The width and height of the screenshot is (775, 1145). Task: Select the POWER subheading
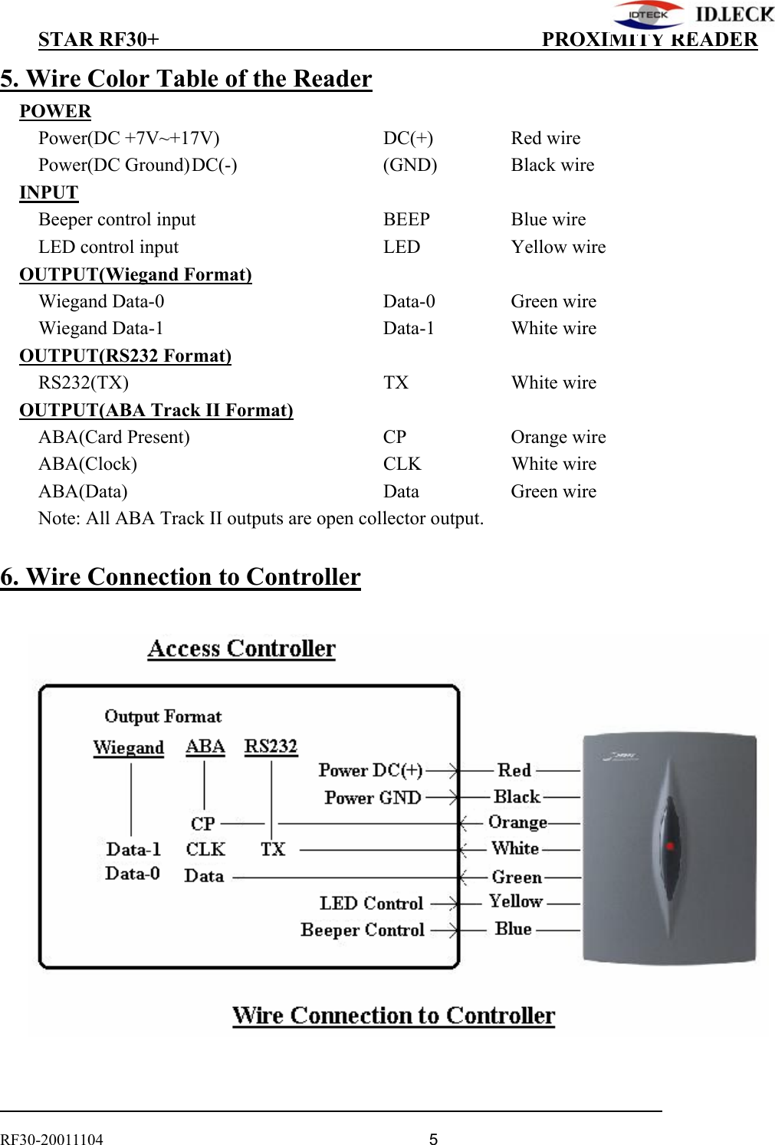pyautogui.click(x=55, y=111)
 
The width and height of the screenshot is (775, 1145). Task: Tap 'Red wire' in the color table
pyautogui.click(x=545, y=138)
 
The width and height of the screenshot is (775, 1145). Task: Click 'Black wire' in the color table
pyautogui.click(x=552, y=165)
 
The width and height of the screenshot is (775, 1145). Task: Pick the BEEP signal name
pyautogui.click(x=406, y=219)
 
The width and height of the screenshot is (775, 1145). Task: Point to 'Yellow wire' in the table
pyautogui.click(x=558, y=247)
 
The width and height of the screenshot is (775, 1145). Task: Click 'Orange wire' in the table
pyautogui.click(x=558, y=437)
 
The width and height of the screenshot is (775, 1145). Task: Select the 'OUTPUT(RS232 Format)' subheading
pyautogui.click(x=125, y=356)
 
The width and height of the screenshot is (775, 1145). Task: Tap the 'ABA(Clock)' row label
pyautogui.click(x=87, y=464)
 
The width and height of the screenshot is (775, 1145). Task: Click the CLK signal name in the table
pyautogui.click(x=402, y=464)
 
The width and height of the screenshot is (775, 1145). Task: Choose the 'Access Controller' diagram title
pyautogui.click(x=241, y=648)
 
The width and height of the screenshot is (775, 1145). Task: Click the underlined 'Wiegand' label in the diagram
pyautogui.click(x=128, y=747)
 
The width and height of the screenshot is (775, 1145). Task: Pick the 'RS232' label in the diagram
pyautogui.click(x=271, y=746)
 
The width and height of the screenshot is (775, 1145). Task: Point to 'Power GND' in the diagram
pyautogui.click(x=373, y=798)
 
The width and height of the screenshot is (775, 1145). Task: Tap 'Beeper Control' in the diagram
pyautogui.click(x=362, y=930)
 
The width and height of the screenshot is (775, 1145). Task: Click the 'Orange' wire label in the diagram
pyautogui.click(x=517, y=822)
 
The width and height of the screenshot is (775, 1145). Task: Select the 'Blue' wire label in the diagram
pyautogui.click(x=513, y=929)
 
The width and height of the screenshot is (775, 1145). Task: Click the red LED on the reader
pyautogui.click(x=669, y=846)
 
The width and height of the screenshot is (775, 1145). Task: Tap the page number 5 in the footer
pyautogui.click(x=433, y=1139)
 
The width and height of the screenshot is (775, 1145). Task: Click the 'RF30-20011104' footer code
pyautogui.click(x=51, y=1139)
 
